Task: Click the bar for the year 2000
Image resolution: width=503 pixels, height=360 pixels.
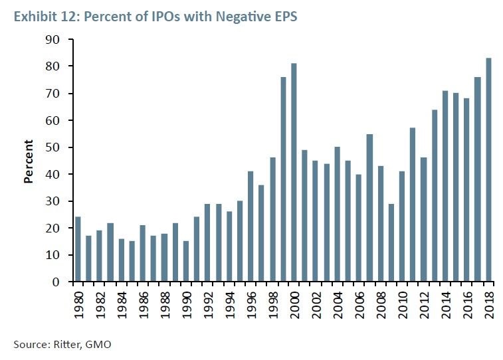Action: [294, 173]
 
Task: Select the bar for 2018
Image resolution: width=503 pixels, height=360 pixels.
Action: [490, 170]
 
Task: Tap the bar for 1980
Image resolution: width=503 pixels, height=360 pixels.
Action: [78, 249]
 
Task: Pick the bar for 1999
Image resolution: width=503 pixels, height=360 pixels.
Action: [284, 179]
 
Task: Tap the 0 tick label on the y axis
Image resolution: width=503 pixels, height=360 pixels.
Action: [56, 282]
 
